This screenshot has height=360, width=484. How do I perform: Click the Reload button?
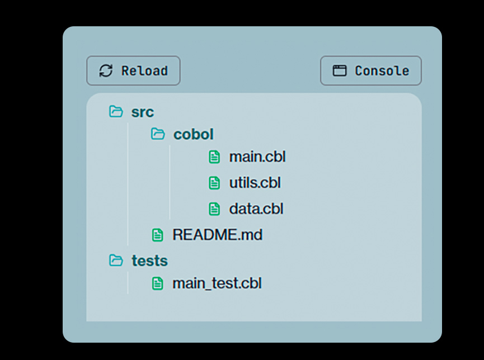point(133,70)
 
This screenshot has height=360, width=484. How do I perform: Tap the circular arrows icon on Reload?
point(106,70)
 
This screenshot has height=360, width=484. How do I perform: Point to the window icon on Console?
point(340,70)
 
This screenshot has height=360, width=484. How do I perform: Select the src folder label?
point(143,112)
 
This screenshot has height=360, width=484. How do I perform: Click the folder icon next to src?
point(116,112)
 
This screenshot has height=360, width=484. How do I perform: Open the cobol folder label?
point(194,134)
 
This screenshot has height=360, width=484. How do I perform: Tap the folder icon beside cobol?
point(158,134)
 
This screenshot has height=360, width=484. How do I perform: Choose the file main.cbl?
point(257,157)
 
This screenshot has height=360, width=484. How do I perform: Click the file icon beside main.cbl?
point(214,157)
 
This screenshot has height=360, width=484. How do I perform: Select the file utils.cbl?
point(255,183)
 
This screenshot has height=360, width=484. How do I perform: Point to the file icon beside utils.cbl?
point(214,183)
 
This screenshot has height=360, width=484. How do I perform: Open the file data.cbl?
point(256,209)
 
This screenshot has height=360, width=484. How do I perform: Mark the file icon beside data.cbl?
point(214,209)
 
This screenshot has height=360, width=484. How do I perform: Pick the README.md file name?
point(217,235)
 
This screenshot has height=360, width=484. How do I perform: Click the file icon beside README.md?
point(158,235)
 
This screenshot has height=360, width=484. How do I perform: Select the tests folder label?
point(149,260)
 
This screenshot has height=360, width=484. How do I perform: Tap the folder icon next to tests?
point(116,260)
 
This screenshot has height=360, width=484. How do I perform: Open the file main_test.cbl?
point(217,283)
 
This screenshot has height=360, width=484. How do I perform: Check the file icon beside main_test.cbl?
point(158,283)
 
